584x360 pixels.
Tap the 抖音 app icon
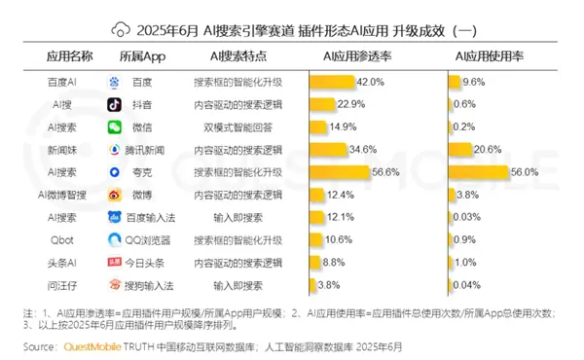tap(114, 105)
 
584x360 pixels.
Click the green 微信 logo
tap(114, 127)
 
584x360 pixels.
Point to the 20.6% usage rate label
tap(488, 149)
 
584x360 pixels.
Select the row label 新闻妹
tap(62, 149)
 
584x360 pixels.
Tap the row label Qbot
tap(62, 239)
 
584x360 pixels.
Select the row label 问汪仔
tap(62, 285)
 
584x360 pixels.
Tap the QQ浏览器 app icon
tap(114, 239)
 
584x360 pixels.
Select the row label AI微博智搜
tap(62, 195)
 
